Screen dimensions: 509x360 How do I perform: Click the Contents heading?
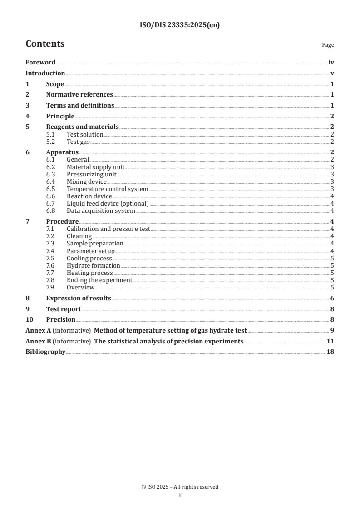coord(45,44)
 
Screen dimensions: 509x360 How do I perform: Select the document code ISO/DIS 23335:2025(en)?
coord(180,25)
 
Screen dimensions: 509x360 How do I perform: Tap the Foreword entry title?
coord(40,63)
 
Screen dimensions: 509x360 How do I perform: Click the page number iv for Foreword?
coord(331,63)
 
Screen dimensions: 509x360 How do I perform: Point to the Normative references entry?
coord(79,95)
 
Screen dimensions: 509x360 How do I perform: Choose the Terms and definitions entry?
coord(80,106)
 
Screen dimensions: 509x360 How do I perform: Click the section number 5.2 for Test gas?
coord(51,142)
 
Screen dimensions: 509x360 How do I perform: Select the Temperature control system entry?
coord(107,189)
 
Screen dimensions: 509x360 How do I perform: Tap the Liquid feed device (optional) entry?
coord(108,203)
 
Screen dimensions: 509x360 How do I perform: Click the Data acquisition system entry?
coord(101,210)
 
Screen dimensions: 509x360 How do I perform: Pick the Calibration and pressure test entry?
coord(108,229)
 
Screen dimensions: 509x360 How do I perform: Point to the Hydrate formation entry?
coord(93,265)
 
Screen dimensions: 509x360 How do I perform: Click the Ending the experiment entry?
coord(99,280)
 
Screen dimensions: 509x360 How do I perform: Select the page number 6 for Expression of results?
coord(332,298)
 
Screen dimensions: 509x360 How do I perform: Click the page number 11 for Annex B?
coord(330,341)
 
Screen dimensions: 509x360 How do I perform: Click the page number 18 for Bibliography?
coord(330,352)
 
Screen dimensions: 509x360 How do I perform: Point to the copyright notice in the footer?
coord(180,487)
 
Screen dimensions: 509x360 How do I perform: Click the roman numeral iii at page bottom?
coord(180,495)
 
